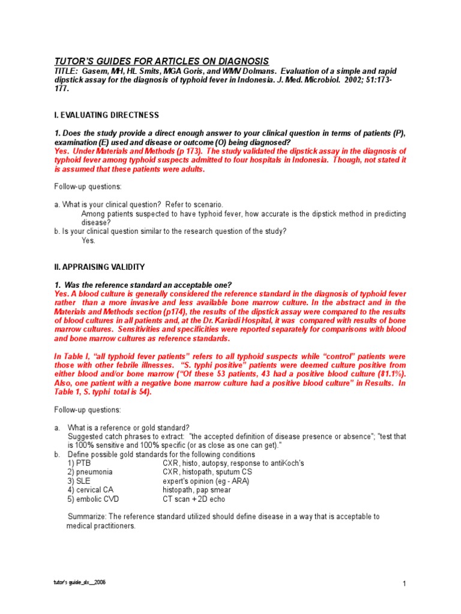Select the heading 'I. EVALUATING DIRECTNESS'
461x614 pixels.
[106, 115]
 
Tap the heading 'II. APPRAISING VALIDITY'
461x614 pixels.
[99, 267]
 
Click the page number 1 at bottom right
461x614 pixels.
[405, 585]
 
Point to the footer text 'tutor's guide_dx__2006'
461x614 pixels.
[80, 582]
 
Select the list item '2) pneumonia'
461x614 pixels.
[90, 472]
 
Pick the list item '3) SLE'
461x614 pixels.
[80, 481]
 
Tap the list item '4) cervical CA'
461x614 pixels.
[91, 490]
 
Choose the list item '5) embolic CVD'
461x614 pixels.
[93, 499]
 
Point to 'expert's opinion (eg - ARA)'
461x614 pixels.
[205, 481]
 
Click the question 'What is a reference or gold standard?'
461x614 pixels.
[128, 428]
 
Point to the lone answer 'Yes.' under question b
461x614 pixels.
[88, 240]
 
